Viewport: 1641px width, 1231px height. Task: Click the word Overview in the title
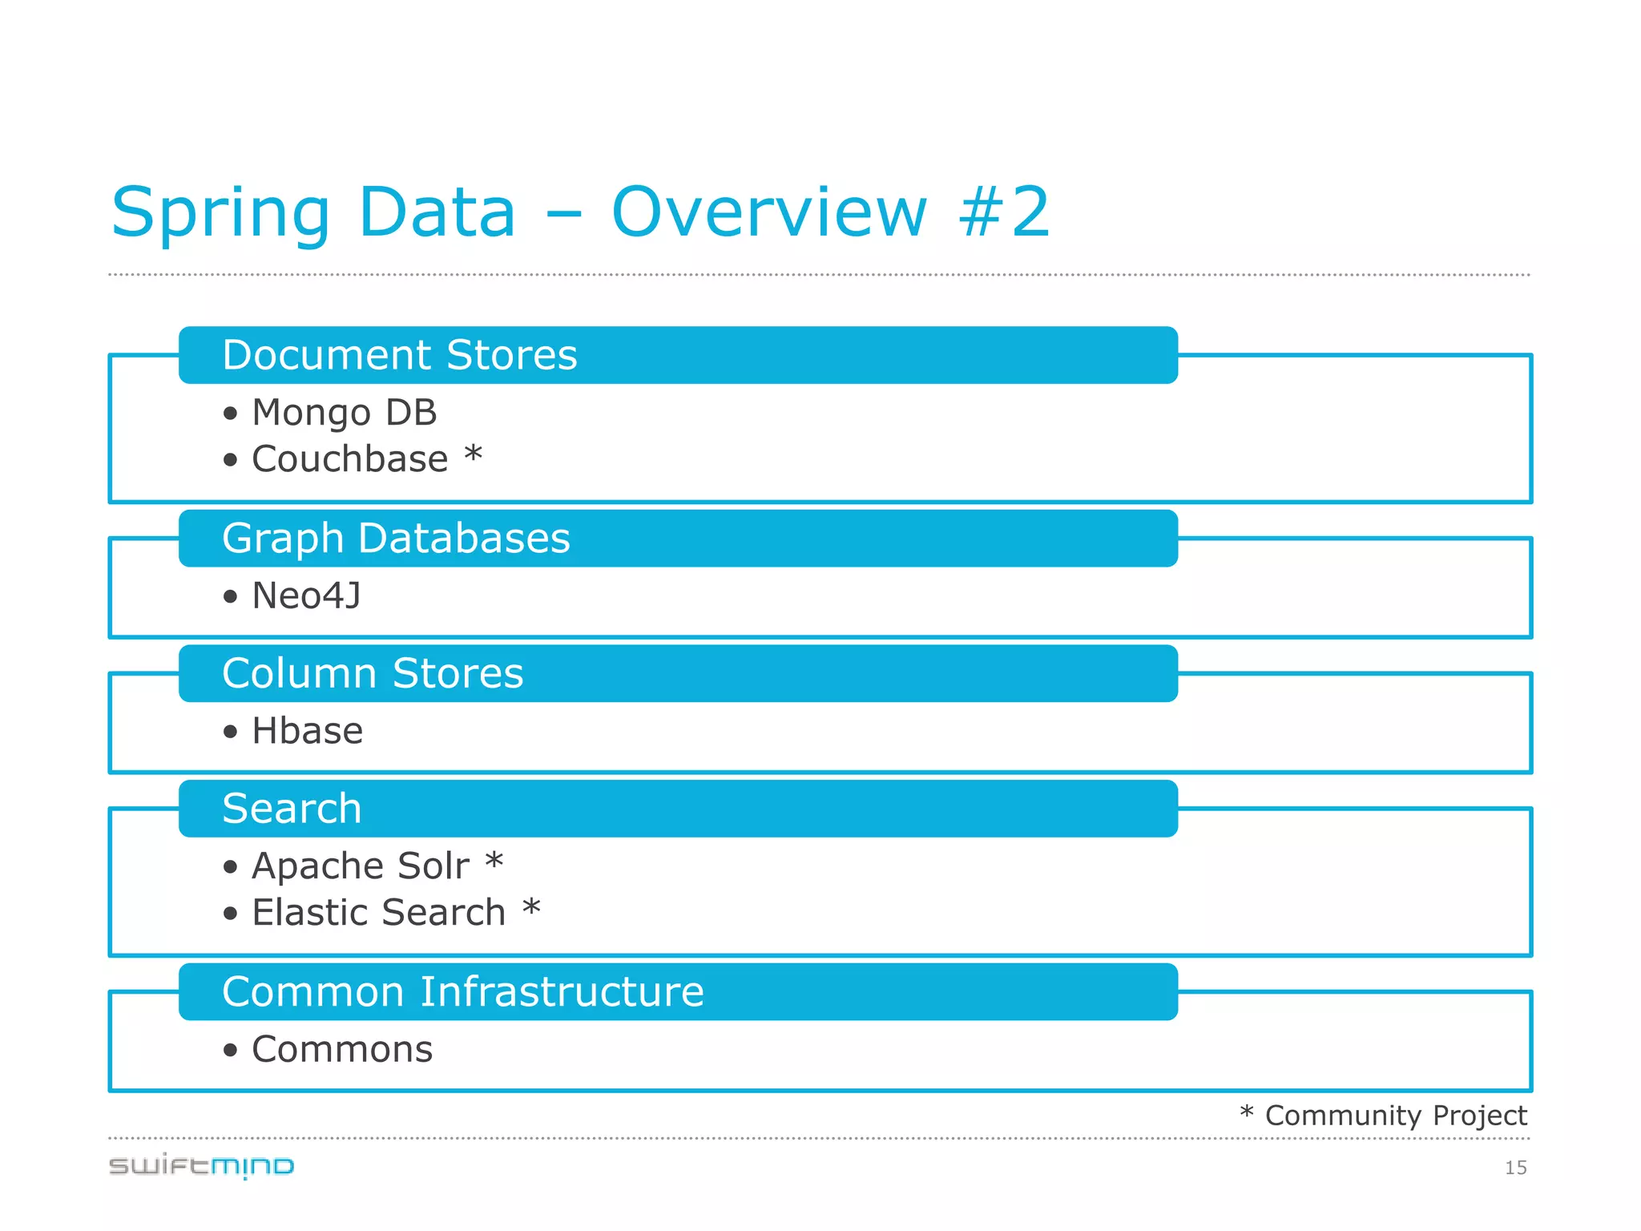769,212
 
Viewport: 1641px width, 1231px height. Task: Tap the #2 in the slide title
1005,212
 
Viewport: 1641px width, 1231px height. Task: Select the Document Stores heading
399,355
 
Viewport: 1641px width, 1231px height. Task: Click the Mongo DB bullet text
345,413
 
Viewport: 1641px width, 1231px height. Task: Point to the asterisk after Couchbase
474,454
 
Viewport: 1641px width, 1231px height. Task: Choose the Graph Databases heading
396,538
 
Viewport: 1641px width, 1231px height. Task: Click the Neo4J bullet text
306,595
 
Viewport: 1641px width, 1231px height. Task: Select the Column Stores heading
373,673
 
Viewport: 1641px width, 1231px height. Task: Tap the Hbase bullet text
307,731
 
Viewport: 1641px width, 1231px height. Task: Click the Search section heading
292,808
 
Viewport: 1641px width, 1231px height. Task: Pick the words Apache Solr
361,866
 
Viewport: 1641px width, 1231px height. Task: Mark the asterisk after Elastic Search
531,908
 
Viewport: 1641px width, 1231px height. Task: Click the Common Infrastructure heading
463,991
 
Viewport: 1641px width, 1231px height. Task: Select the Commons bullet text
342,1049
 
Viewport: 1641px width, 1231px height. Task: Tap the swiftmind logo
202,1166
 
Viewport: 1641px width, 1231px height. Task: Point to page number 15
1515,1168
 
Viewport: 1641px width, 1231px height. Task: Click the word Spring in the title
220,212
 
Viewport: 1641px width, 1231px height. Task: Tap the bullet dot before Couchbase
231,460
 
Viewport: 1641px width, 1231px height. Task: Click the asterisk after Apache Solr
494,862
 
